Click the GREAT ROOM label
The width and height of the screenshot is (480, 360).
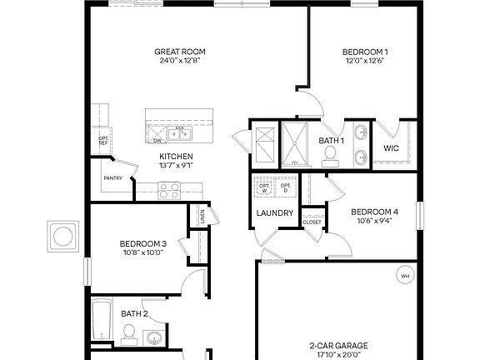pyautogui.click(x=179, y=52)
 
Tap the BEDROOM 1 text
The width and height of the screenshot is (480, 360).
pyautogui.click(x=364, y=52)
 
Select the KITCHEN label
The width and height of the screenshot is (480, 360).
pyautogui.click(x=177, y=157)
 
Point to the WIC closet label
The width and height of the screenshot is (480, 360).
pyautogui.click(x=392, y=148)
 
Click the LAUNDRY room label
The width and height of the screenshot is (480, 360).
pyautogui.click(x=275, y=213)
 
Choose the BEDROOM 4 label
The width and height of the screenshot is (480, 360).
pyautogui.click(x=374, y=212)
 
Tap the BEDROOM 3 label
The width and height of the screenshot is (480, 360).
pyautogui.click(x=143, y=243)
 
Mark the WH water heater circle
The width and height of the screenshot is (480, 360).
pyautogui.click(x=405, y=276)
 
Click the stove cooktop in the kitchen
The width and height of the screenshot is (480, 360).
pyautogui.click(x=171, y=190)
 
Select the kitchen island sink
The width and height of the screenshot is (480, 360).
pyautogui.click(x=179, y=132)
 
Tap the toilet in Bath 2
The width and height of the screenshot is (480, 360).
pyautogui.click(x=128, y=335)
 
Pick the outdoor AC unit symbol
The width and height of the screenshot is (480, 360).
pyautogui.click(x=64, y=236)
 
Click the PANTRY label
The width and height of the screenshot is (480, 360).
pyautogui.click(x=113, y=177)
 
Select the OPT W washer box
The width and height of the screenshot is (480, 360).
pyautogui.click(x=266, y=188)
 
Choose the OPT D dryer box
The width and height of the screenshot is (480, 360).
pyautogui.click(x=286, y=188)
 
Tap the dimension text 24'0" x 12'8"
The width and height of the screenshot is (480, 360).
pyautogui.click(x=179, y=61)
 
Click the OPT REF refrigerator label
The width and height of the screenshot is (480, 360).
pyautogui.click(x=103, y=140)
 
